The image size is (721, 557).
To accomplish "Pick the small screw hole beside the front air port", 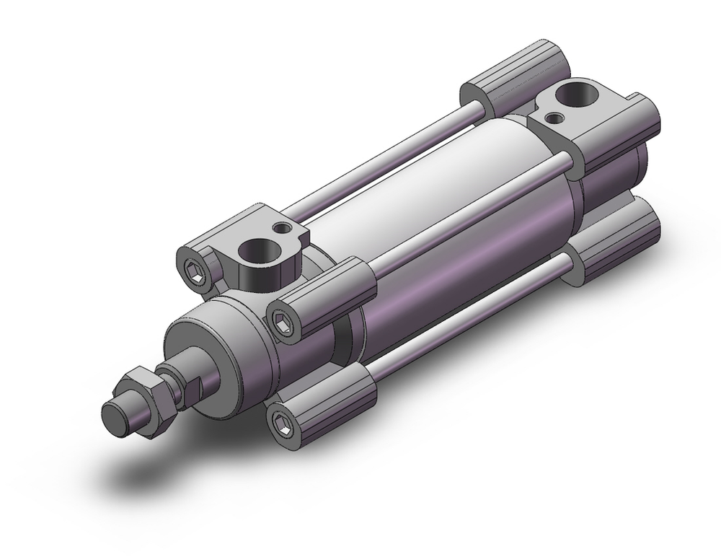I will click(284, 229).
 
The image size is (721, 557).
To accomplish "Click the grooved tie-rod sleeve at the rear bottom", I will click(620, 245).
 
